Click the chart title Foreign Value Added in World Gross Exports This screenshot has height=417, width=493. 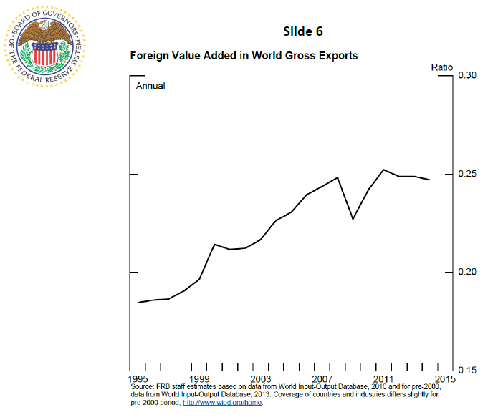pyautogui.click(x=244, y=55)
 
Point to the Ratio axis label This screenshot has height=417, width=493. pyautogui.click(x=441, y=67)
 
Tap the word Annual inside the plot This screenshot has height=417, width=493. pyautogui.click(x=150, y=86)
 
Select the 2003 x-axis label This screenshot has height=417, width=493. pyautogui.click(x=261, y=378)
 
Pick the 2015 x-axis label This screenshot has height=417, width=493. pyautogui.click(x=443, y=378)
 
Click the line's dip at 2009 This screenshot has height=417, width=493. pyautogui.click(x=353, y=219)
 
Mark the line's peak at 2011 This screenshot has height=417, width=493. pyautogui.click(x=383, y=170)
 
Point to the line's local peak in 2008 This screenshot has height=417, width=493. pyautogui.click(x=338, y=177)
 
